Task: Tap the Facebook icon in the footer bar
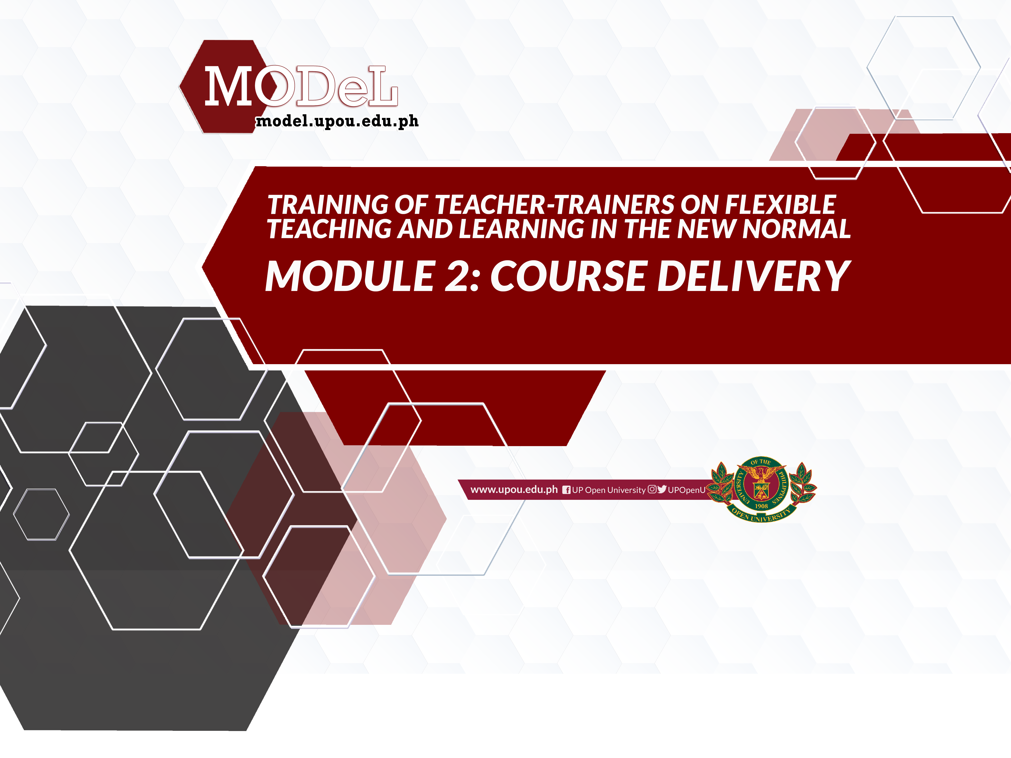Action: (566, 490)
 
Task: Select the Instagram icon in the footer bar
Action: (652, 489)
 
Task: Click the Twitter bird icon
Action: (662, 489)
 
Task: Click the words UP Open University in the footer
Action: (609, 490)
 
